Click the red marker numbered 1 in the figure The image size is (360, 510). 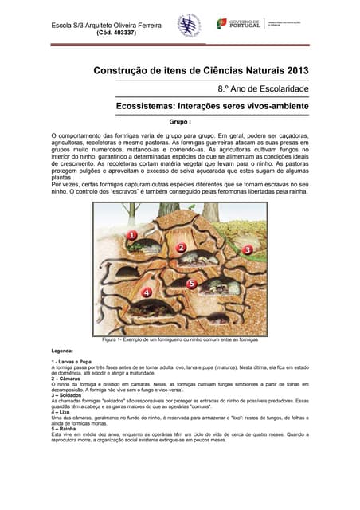132,235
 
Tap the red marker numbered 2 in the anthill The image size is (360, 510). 182,248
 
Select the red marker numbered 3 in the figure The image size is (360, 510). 248,249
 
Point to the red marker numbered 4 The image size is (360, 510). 146,292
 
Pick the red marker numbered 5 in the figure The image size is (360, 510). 192,283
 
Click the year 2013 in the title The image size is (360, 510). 293,70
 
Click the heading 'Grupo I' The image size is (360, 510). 180,123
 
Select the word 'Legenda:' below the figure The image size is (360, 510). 62,351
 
